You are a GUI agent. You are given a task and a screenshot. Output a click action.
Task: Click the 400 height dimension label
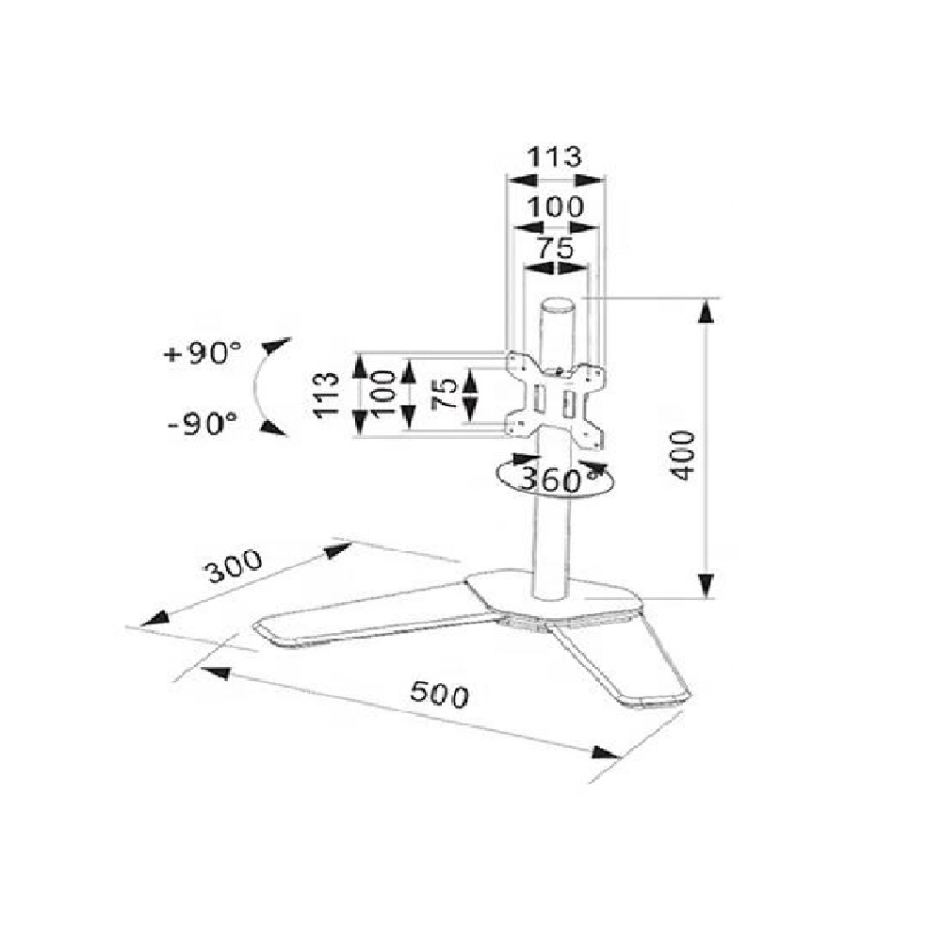tap(683, 455)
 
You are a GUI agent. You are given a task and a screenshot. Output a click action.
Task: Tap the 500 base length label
tap(439, 694)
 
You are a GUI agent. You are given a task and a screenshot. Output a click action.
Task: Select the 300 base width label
tap(235, 565)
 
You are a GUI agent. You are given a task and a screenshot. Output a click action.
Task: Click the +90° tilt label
tap(203, 353)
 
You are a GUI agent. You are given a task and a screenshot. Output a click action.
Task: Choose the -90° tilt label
tap(203, 424)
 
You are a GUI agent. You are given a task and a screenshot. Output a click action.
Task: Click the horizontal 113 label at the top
tap(555, 156)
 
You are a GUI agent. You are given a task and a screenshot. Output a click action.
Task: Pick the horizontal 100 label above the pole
tap(555, 207)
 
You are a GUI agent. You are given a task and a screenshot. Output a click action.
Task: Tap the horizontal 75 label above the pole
tap(555, 248)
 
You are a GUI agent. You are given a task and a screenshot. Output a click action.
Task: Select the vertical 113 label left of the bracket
tap(326, 394)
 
